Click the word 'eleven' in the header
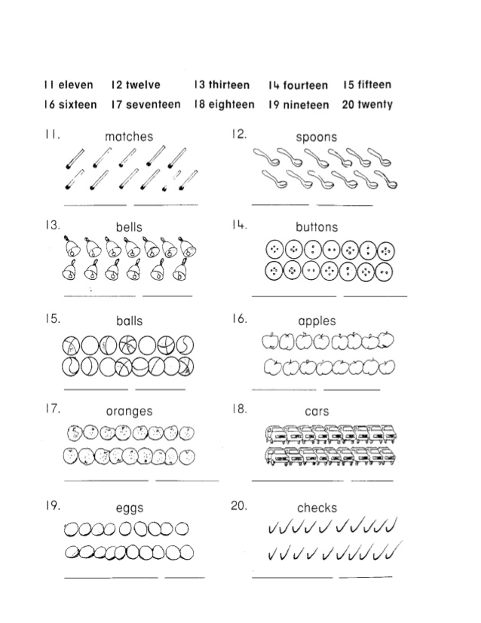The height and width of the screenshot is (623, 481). (76, 85)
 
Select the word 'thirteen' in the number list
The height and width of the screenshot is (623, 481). (229, 85)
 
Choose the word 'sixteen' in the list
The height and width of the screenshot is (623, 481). (78, 105)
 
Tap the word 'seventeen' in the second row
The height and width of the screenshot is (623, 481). (153, 105)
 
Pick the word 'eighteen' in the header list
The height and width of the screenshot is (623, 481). (231, 105)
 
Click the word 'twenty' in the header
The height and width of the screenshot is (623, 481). (375, 105)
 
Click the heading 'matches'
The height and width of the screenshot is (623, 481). (129, 137)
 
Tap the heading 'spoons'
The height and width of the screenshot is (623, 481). (316, 137)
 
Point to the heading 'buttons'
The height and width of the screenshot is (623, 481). (317, 227)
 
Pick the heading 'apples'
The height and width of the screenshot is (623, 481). (317, 321)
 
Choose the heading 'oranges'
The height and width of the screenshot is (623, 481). (129, 411)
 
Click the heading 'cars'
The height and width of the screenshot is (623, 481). (317, 412)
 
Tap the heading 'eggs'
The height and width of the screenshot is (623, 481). (129, 508)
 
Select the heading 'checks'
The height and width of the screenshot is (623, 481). (317, 508)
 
